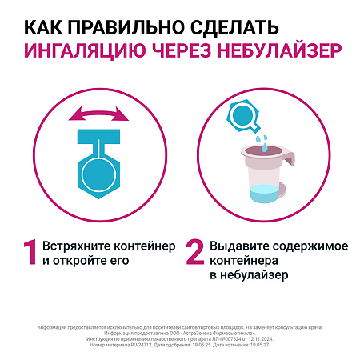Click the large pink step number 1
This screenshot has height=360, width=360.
(x=30, y=252)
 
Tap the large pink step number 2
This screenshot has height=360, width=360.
(x=194, y=252)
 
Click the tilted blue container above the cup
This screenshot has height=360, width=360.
(x=243, y=115)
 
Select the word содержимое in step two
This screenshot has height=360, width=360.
(x=299, y=244)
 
